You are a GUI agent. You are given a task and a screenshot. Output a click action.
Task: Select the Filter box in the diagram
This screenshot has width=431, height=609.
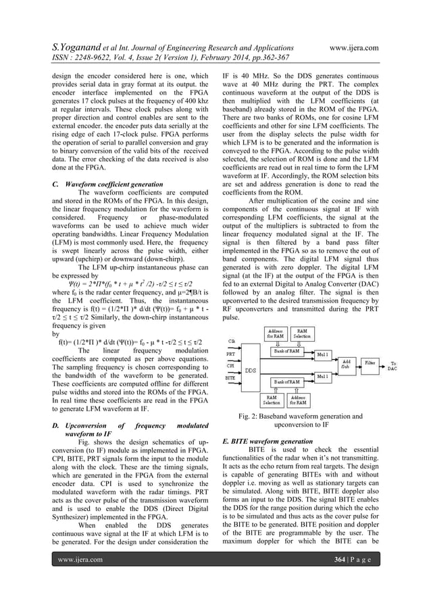pos(370,363)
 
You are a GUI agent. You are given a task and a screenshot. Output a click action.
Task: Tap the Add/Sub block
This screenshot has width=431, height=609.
pos(347,364)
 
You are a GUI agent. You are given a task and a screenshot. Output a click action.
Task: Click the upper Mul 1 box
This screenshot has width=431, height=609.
pos(323,352)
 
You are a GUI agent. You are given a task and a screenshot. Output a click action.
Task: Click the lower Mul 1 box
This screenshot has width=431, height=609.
pos(323,375)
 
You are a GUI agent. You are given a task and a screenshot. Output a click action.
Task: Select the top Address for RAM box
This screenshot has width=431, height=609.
pos(274,332)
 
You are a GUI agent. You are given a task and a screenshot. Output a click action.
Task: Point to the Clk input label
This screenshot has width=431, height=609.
pos(230,340)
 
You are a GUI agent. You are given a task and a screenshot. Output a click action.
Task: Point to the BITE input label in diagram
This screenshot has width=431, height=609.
pos(231,378)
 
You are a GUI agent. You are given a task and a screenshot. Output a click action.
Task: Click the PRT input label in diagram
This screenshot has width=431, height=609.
pos(230,354)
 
